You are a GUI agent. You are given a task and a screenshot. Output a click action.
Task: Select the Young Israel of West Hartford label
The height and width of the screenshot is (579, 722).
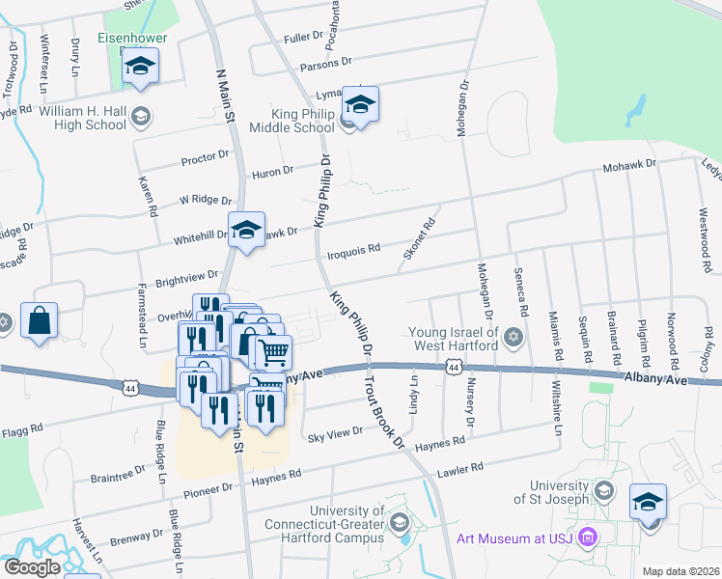454,338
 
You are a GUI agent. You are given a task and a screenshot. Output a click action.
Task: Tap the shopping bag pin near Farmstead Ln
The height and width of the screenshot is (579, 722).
40,321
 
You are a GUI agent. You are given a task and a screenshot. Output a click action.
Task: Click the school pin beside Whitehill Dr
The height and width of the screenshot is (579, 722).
247,230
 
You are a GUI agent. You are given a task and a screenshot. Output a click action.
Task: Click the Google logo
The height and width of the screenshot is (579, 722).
32,567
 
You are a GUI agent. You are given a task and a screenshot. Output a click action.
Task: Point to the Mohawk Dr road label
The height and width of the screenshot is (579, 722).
629,165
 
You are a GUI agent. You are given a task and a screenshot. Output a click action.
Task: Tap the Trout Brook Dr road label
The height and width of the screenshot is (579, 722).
383,411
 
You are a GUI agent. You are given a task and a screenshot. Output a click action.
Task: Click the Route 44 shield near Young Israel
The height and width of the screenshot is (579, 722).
454,367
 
